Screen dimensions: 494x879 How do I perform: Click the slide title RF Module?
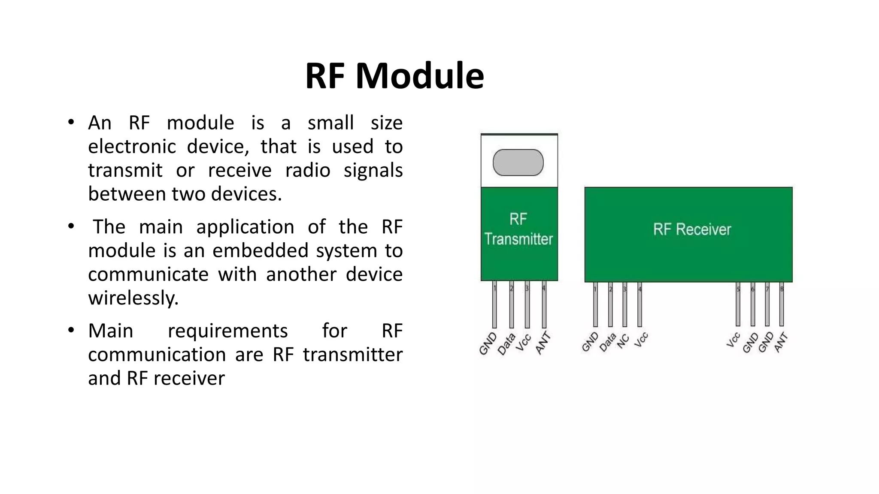[394, 76]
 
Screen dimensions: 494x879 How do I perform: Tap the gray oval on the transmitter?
[518, 163]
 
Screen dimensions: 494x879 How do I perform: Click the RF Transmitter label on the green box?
[518, 229]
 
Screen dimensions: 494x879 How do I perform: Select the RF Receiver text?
[692, 229]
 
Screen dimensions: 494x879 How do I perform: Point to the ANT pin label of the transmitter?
[543, 343]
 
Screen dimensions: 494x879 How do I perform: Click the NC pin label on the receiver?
[623, 341]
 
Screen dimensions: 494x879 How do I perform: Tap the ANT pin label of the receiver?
[782, 342]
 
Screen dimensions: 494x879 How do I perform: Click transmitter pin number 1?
[494, 289]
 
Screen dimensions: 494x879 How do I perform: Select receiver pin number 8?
[782, 289]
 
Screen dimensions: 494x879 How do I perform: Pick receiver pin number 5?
[738, 289]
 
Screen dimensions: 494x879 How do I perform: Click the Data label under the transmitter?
[506, 344]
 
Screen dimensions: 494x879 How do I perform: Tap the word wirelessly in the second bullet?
[133, 298]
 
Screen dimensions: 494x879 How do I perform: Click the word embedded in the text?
[260, 250]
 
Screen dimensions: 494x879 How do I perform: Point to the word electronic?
[132, 147]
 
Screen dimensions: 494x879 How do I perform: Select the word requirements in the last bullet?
[227, 331]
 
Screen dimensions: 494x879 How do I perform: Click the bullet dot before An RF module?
[71, 122]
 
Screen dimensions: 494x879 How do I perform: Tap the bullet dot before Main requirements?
[71, 330]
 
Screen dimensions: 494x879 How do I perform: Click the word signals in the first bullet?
[373, 171]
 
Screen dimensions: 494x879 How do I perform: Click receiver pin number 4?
[640, 289]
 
